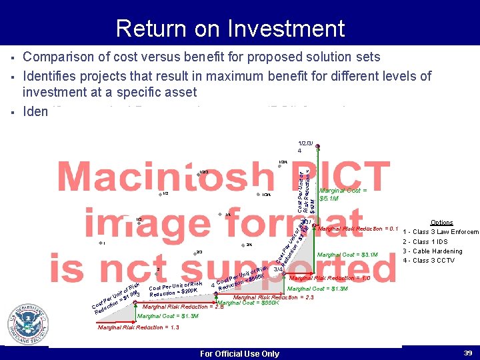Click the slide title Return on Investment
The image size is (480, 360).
(x=230, y=29)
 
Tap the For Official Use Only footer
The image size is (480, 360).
(x=239, y=353)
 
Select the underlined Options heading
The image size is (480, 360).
(x=441, y=223)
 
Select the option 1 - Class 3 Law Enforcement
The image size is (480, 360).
(x=441, y=232)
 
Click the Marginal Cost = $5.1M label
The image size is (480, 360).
(x=339, y=194)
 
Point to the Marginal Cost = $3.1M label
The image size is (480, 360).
(x=347, y=255)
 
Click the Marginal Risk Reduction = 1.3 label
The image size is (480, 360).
(x=138, y=327)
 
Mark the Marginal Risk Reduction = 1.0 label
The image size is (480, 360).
(x=329, y=278)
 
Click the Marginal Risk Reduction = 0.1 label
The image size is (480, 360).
(x=357, y=229)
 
